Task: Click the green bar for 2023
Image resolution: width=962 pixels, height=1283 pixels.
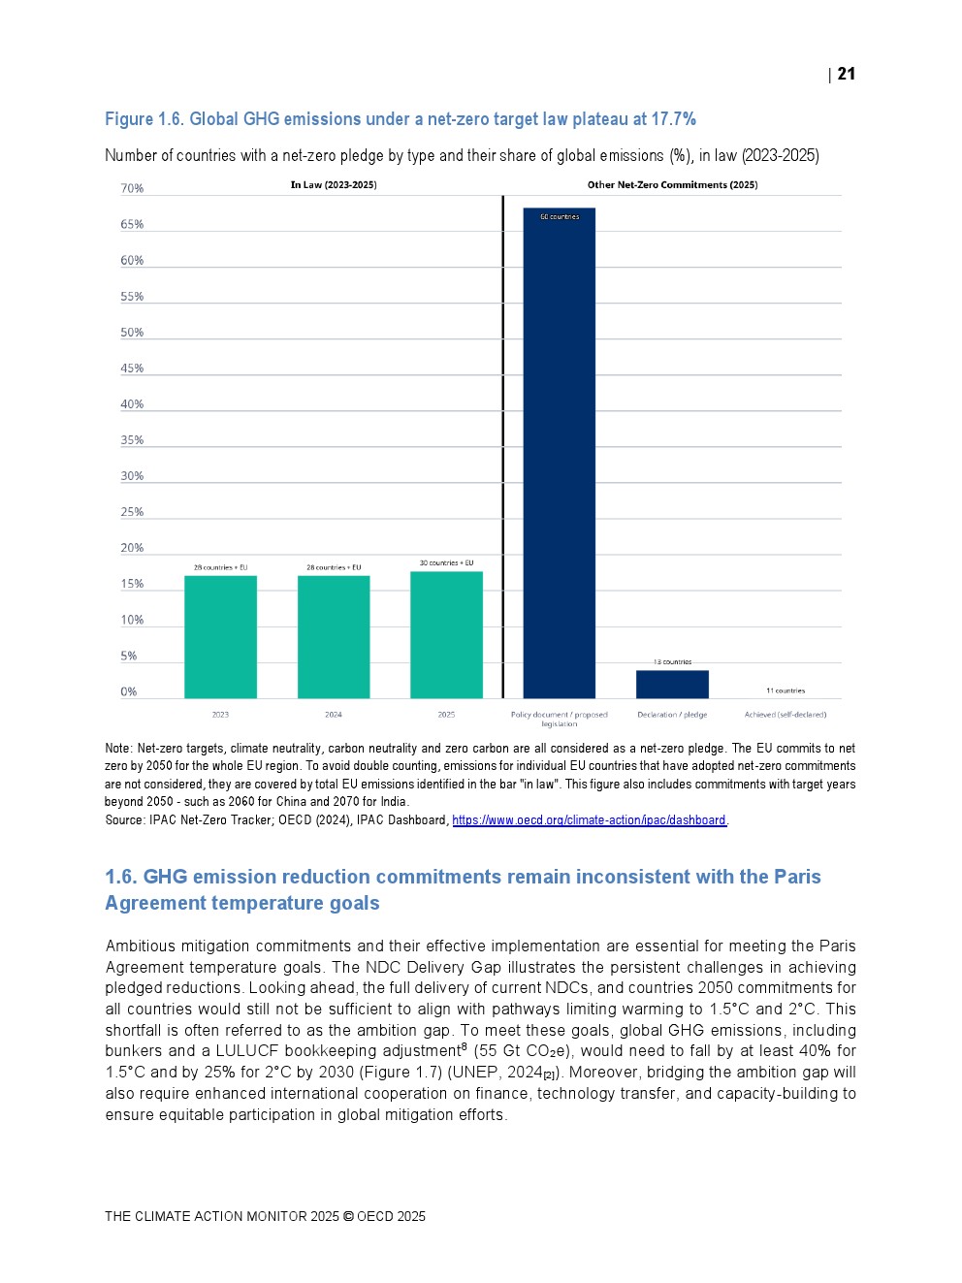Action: click(x=220, y=636)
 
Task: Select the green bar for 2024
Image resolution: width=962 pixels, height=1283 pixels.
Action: click(x=334, y=636)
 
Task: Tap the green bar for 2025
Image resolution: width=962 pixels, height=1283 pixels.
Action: click(x=446, y=634)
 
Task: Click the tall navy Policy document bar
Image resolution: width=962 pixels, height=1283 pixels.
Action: click(x=559, y=453)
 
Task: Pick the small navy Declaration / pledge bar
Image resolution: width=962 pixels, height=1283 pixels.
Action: click(x=672, y=684)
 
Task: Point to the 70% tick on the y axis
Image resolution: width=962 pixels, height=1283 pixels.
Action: click(x=132, y=188)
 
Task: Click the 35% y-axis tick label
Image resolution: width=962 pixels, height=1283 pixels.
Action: click(x=132, y=440)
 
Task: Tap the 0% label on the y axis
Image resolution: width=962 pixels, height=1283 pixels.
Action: click(x=129, y=691)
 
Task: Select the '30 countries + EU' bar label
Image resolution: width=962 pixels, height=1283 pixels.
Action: click(x=446, y=563)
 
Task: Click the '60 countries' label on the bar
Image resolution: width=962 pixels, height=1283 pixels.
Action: click(x=560, y=217)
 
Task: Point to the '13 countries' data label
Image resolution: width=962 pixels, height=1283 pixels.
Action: click(x=672, y=662)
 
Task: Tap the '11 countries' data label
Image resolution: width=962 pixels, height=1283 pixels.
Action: click(x=786, y=691)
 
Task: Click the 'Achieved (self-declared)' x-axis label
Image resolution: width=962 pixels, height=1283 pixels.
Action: click(x=786, y=715)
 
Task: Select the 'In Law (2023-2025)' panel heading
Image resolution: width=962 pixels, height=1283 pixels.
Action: click(x=334, y=184)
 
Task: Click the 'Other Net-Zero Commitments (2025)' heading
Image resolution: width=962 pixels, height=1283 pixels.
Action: click(x=672, y=184)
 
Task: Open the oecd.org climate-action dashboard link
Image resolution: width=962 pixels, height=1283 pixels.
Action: click(x=589, y=820)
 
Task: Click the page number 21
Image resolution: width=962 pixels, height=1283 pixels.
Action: click(x=847, y=74)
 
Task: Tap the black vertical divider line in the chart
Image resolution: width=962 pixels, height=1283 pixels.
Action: click(x=502, y=446)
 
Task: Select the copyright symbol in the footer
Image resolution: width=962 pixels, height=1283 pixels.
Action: click(x=348, y=1216)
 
